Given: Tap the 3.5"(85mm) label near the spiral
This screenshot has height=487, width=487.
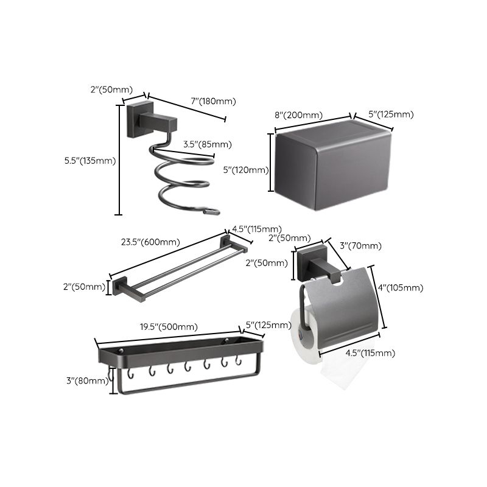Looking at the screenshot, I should (x=207, y=144).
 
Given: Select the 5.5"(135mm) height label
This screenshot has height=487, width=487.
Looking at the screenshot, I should (x=89, y=161).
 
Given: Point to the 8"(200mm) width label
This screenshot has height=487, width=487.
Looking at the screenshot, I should (x=298, y=114).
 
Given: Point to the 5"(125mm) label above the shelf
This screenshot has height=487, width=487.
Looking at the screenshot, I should (x=268, y=325).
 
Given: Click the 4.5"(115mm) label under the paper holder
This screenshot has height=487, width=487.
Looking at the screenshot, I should (x=370, y=353).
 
